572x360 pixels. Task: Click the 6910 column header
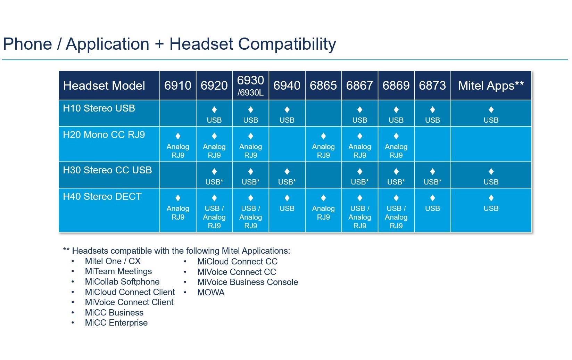[177, 85]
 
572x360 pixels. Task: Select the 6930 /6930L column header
[250, 85]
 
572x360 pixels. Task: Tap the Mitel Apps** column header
[491, 85]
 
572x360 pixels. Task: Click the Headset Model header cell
[104, 85]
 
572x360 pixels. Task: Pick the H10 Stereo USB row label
[99, 108]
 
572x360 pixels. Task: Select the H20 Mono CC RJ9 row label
[104, 135]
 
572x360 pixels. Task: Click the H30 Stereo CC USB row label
[107, 170]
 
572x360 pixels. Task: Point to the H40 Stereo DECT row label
[102, 197]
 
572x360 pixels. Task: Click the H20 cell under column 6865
[323, 145]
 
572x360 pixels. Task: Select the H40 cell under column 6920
[214, 211]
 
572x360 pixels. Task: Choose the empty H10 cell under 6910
[178, 113]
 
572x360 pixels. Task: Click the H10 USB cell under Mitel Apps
[491, 115]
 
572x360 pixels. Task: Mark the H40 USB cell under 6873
[432, 204]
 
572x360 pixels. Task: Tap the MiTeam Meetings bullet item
[118, 271]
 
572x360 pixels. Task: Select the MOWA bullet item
[211, 293]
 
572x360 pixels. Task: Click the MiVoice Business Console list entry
[247, 282]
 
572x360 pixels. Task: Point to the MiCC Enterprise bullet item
[116, 323]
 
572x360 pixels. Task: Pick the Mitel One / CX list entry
[113, 261]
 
